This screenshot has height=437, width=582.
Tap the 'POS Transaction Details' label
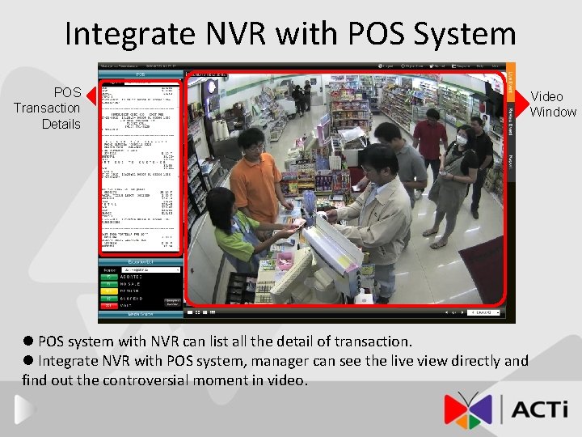coord(47,108)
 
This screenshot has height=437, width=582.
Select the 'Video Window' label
coord(553,104)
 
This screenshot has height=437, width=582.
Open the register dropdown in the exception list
coord(137,269)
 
